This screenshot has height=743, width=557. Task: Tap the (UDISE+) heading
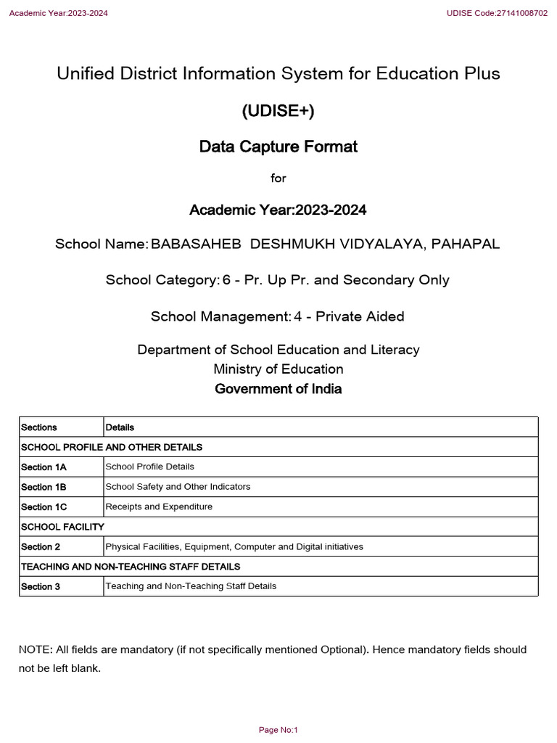tap(278, 111)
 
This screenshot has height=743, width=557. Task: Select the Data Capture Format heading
tap(278, 147)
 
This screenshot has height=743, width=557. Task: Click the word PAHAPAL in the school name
tap(466, 244)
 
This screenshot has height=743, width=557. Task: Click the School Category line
tap(278, 280)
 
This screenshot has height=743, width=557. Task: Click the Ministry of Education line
tap(278, 369)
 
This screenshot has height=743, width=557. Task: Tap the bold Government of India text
tap(278, 389)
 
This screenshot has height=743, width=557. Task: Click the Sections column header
tap(39, 427)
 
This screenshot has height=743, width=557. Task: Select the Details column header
tap(120, 427)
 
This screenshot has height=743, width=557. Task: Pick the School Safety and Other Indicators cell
tap(178, 487)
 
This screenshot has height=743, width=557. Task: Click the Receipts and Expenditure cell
tap(159, 506)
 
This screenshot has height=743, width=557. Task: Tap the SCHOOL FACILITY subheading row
tap(63, 526)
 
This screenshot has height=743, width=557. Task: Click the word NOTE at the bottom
tap(33, 649)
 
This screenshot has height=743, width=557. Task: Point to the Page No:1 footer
tap(278, 730)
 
